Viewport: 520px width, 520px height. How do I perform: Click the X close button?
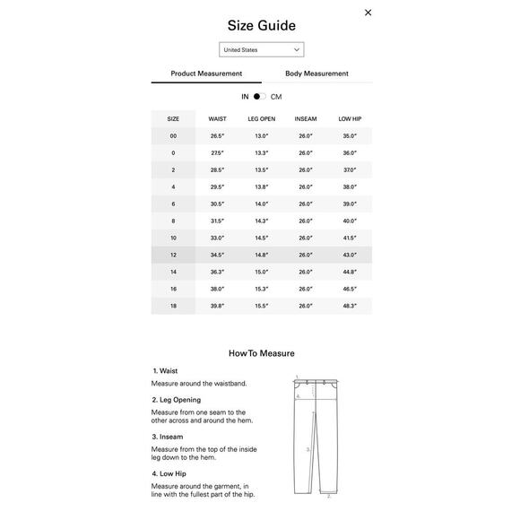[x=368, y=13]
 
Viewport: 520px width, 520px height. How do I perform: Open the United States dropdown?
[x=261, y=50]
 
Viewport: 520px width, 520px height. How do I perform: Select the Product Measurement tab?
[x=206, y=74]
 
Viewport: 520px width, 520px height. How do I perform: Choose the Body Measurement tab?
[x=316, y=74]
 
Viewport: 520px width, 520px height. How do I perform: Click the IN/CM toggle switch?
[x=259, y=96]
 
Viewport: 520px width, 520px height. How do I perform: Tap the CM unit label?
[x=276, y=96]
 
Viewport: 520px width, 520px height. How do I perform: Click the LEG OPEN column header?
[x=262, y=119]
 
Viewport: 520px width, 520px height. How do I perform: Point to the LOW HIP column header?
[x=350, y=119]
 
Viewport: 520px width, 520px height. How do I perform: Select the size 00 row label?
[x=173, y=136]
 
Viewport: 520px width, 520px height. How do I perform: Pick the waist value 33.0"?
[x=217, y=238]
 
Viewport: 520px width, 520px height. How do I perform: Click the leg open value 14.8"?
[x=262, y=255]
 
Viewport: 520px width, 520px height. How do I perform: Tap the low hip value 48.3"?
[x=350, y=306]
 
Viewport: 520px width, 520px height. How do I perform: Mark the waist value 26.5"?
[x=217, y=136]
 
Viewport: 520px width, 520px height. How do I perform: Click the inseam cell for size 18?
[x=306, y=306]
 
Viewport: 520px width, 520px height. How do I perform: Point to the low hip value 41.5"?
[x=350, y=238]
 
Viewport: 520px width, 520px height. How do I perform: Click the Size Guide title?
[x=261, y=26]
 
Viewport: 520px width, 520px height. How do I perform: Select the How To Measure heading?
[x=261, y=353]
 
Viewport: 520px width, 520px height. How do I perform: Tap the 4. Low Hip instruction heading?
[x=169, y=473]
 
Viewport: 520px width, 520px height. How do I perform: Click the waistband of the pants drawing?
[x=315, y=382]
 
